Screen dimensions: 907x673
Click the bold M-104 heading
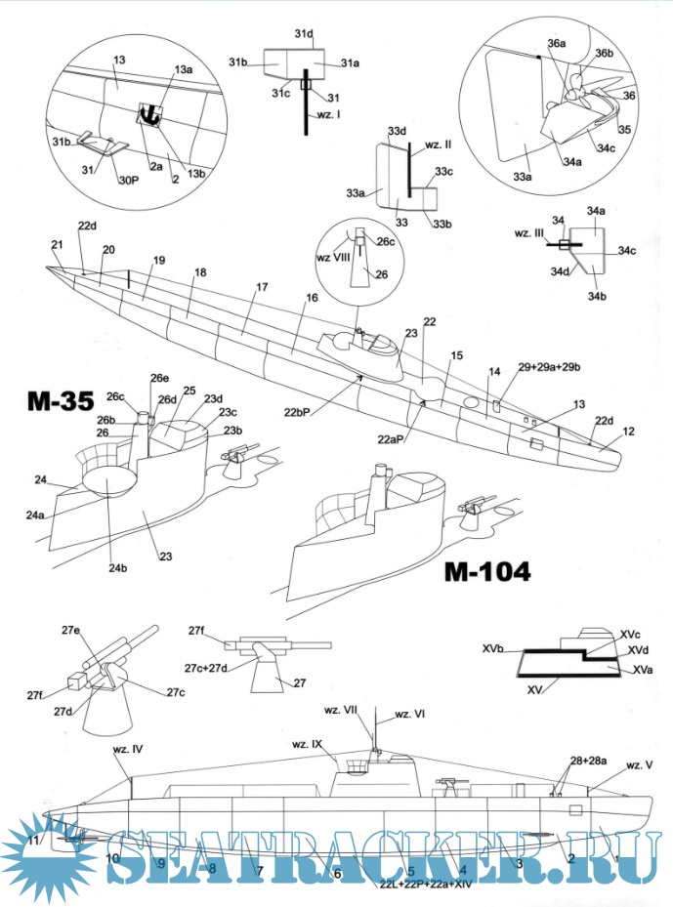tap(486, 572)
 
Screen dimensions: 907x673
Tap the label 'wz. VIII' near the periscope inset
tap(331, 257)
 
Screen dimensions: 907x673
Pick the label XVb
tap(493, 647)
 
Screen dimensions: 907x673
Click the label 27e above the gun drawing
tap(70, 630)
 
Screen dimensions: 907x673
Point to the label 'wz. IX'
tap(307, 744)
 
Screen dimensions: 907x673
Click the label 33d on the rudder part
tap(397, 130)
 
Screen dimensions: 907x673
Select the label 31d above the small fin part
tap(304, 34)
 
